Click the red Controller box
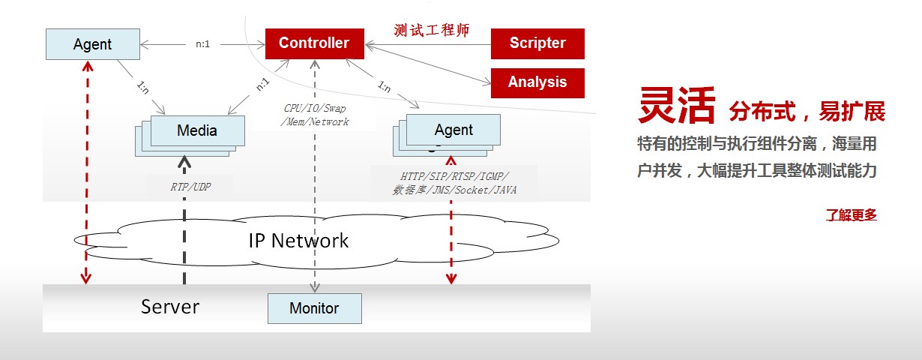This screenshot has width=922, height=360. (314, 43)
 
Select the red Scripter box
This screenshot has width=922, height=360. (537, 43)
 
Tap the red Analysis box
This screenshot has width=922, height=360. (537, 82)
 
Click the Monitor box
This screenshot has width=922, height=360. (314, 308)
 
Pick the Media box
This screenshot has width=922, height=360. (197, 130)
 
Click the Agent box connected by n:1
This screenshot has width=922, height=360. (92, 44)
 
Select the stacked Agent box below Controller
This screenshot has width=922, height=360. (454, 130)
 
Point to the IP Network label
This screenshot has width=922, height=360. (298, 241)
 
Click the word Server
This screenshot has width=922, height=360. (170, 307)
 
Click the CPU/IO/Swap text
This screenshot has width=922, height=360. (316, 108)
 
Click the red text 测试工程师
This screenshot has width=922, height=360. (431, 31)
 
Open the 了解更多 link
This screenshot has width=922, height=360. (851, 215)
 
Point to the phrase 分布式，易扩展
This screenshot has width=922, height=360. (806, 112)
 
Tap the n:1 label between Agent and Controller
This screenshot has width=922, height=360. (202, 44)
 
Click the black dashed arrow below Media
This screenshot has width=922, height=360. (184, 225)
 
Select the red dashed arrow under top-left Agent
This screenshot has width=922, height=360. (86, 172)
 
